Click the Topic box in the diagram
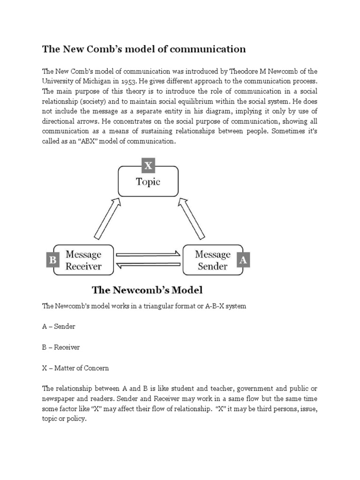pyautogui.click(x=148, y=181)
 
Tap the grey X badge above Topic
pyautogui.click(x=148, y=165)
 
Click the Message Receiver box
pyautogui.click(x=83, y=260)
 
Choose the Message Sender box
pyautogui.click(x=212, y=260)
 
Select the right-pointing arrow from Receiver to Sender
pyautogui.click(x=148, y=255)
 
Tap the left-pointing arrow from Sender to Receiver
pyautogui.click(x=148, y=266)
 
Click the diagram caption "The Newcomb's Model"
pyautogui.click(x=147, y=290)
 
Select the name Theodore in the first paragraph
pyautogui.click(x=247, y=71)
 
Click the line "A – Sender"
pyautogui.click(x=59, y=326)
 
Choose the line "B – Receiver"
pyautogui.click(x=61, y=347)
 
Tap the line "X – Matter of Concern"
pyautogui.click(x=75, y=368)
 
